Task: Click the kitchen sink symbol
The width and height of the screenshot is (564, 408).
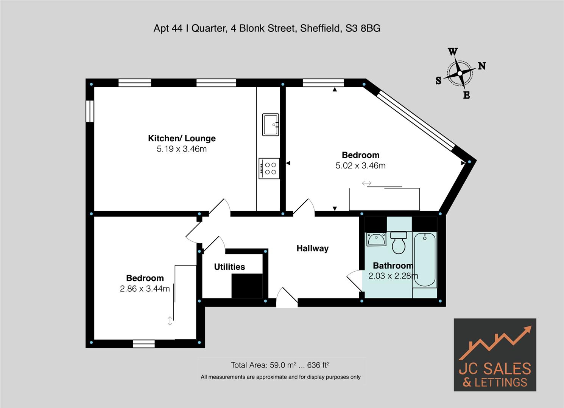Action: tap(270, 125)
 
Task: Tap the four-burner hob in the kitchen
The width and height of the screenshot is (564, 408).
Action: tap(269, 168)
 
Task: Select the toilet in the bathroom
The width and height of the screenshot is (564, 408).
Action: tap(398, 243)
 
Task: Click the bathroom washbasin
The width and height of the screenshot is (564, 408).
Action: tap(376, 239)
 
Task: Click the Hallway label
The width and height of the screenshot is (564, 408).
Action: tap(312, 249)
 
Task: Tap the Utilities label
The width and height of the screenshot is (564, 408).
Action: tap(229, 267)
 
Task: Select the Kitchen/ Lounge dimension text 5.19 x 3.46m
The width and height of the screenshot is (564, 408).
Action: tap(182, 149)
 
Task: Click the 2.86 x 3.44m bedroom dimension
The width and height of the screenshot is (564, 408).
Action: tap(145, 289)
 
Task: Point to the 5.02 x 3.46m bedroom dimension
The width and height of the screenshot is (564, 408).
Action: tap(360, 166)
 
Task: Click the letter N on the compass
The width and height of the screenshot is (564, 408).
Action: tap(481, 66)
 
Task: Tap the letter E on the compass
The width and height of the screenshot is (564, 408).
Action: tap(466, 95)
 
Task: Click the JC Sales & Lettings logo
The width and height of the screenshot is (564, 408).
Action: tap(495, 355)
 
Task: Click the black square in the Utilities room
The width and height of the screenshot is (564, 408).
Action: tap(247, 286)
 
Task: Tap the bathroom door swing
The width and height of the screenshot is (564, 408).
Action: tap(354, 280)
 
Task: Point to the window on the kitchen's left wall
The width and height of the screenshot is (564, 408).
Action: tap(89, 111)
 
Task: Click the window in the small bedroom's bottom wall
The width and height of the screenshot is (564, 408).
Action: tap(144, 343)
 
